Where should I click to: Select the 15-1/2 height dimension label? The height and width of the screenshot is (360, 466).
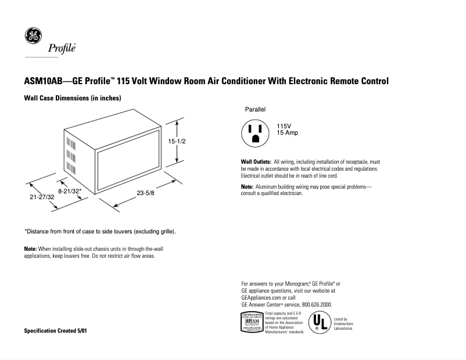coord(177,141)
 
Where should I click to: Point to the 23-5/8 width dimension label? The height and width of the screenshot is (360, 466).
coord(145,193)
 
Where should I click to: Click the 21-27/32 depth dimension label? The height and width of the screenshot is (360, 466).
coord(42,197)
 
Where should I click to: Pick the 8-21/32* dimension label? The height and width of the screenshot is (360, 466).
coord(70,190)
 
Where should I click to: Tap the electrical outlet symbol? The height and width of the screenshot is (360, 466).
coord(255,134)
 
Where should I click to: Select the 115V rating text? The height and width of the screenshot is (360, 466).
coord(284,126)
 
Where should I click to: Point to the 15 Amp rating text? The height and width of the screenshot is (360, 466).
coord(287,134)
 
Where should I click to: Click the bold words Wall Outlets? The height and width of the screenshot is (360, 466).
coord(256,161)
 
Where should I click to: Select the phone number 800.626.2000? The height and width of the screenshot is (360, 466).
coord(314,304)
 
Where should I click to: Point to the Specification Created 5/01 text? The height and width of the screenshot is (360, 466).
coord(57,330)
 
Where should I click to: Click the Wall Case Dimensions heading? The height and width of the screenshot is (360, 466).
coord(72,98)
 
